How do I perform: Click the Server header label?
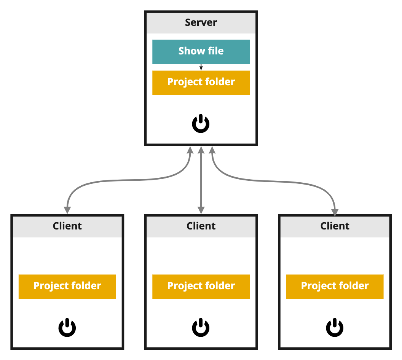(201, 22)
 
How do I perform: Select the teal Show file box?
(201, 51)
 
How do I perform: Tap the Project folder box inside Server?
(201, 83)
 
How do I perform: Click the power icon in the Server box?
(201, 124)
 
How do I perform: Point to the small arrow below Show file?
(201, 67)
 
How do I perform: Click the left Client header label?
(67, 226)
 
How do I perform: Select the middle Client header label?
(201, 226)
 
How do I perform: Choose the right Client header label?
(335, 226)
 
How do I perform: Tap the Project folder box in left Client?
(67, 286)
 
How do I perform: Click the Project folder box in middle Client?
(201, 286)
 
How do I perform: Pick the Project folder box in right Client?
(335, 286)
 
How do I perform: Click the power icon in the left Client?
(67, 328)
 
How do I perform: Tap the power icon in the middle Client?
(201, 328)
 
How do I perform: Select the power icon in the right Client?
(335, 328)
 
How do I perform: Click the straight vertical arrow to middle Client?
(201, 179)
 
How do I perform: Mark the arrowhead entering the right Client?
(335, 212)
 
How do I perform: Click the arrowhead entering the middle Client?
(201, 210)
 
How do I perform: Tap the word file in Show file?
(215, 51)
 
